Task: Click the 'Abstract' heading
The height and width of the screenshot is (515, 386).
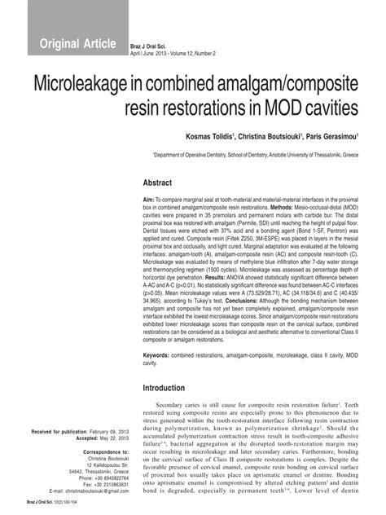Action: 159,183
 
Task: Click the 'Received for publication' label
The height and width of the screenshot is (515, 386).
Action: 56,429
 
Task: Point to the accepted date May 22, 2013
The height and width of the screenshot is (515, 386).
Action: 107,437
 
